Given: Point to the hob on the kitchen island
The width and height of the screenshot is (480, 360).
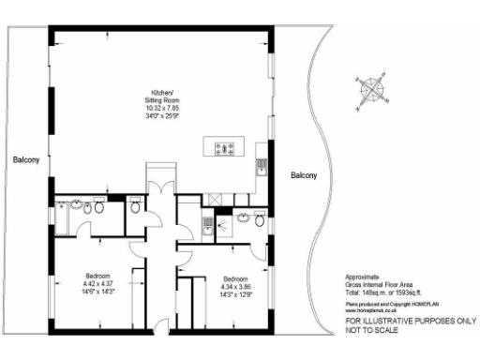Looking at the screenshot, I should pos(225,147).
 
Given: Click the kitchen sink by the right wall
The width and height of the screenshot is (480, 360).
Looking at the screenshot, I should pos(262,168).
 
